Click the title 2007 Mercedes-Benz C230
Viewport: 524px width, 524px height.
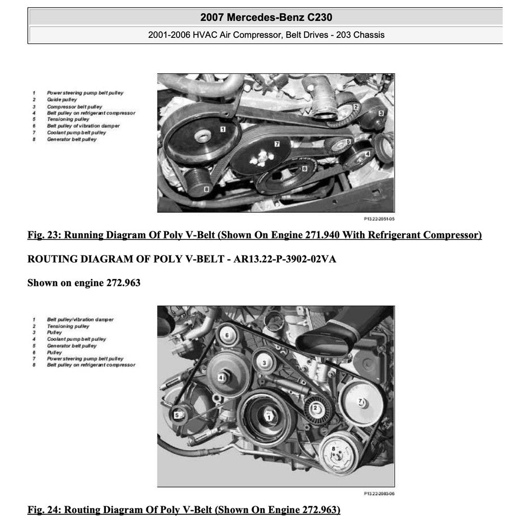coord(266,17)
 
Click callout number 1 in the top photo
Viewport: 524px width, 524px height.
coord(223,129)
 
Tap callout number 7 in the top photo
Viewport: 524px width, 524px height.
coord(276,144)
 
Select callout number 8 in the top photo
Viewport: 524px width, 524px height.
coord(206,189)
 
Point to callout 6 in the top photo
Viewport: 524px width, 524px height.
coord(304,167)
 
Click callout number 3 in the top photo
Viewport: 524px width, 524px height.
coord(381,114)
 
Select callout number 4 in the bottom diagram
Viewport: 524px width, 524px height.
coord(221,378)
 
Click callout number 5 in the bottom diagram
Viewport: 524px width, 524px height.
coord(177,415)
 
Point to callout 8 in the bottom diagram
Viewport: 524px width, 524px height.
coord(333,449)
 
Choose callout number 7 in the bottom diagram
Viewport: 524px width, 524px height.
coord(361,401)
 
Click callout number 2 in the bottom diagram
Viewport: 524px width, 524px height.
coord(316,407)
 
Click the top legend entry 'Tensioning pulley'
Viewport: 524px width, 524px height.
coord(68,119)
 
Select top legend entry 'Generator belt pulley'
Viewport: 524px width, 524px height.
coord(72,139)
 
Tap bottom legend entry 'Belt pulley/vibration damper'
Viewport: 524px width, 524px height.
coord(80,319)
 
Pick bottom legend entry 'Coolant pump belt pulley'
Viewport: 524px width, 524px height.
coord(76,339)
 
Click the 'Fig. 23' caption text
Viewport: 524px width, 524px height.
coord(254,235)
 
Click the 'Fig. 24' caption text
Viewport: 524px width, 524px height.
coord(184,510)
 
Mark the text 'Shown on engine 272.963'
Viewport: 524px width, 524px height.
coord(84,282)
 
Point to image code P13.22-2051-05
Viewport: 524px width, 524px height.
coord(379,219)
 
